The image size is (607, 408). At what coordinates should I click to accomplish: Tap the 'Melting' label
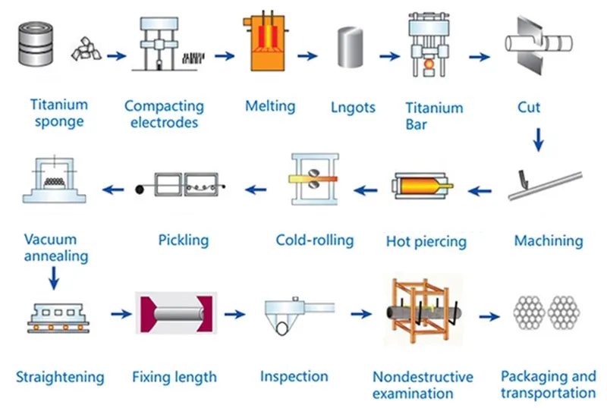pos(269,105)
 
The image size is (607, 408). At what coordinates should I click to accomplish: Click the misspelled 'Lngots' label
pos(354,107)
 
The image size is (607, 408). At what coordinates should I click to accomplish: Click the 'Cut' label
pos(529,107)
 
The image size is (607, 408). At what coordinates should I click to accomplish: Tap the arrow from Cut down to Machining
pos(539,140)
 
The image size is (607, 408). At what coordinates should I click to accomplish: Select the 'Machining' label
pos(549,241)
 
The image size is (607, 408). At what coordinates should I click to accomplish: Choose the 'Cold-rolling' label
pos(315,240)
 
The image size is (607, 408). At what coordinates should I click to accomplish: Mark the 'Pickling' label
pos(184,241)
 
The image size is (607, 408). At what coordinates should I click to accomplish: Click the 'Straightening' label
pos(60,377)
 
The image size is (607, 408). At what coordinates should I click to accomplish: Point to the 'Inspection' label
pos(294,376)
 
